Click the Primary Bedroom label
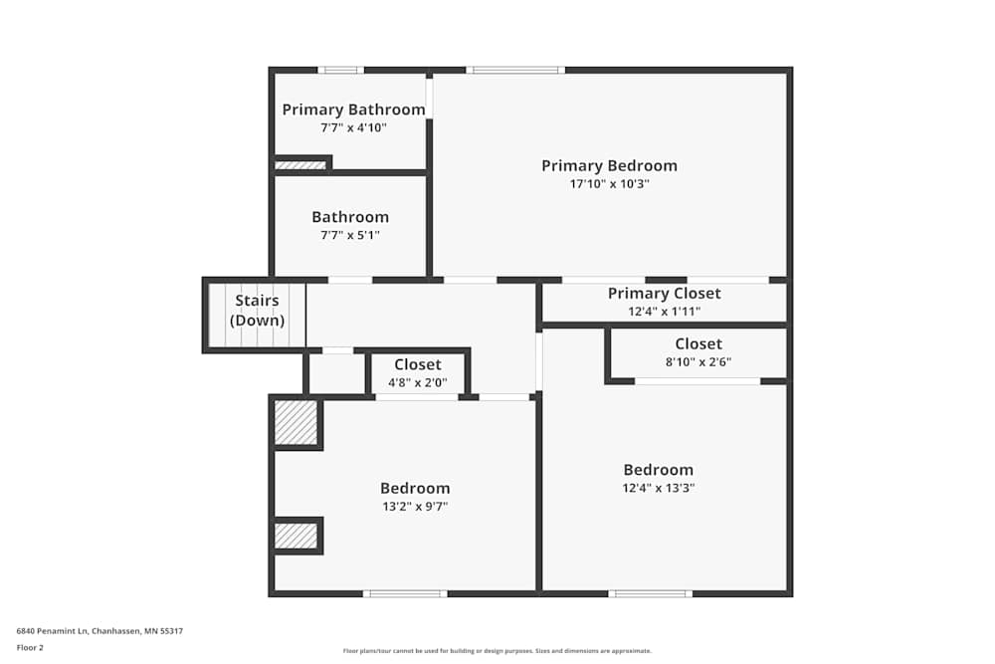click(x=609, y=166)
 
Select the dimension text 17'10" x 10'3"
click(x=609, y=184)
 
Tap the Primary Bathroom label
click(x=353, y=110)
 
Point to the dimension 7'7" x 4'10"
click(x=353, y=127)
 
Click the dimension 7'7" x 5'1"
click(x=350, y=235)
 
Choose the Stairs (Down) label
click(x=257, y=311)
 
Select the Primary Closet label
click(x=664, y=294)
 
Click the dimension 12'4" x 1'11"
click(x=664, y=312)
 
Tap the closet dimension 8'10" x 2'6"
click(x=697, y=362)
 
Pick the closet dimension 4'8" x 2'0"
click(x=417, y=382)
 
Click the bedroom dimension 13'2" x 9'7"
click(x=415, y=507)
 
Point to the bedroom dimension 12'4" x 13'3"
click(x=658, y=488)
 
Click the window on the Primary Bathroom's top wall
click(x=340, y=70)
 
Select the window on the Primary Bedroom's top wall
click(x=515, y=70)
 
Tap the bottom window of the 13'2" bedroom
click(x=404, y=593)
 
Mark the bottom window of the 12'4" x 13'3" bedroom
click(x=650, y=593)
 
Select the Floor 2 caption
click(x=30, y=647)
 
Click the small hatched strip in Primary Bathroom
click(x=300, y=165)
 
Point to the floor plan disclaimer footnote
click(x=497, y=651)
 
